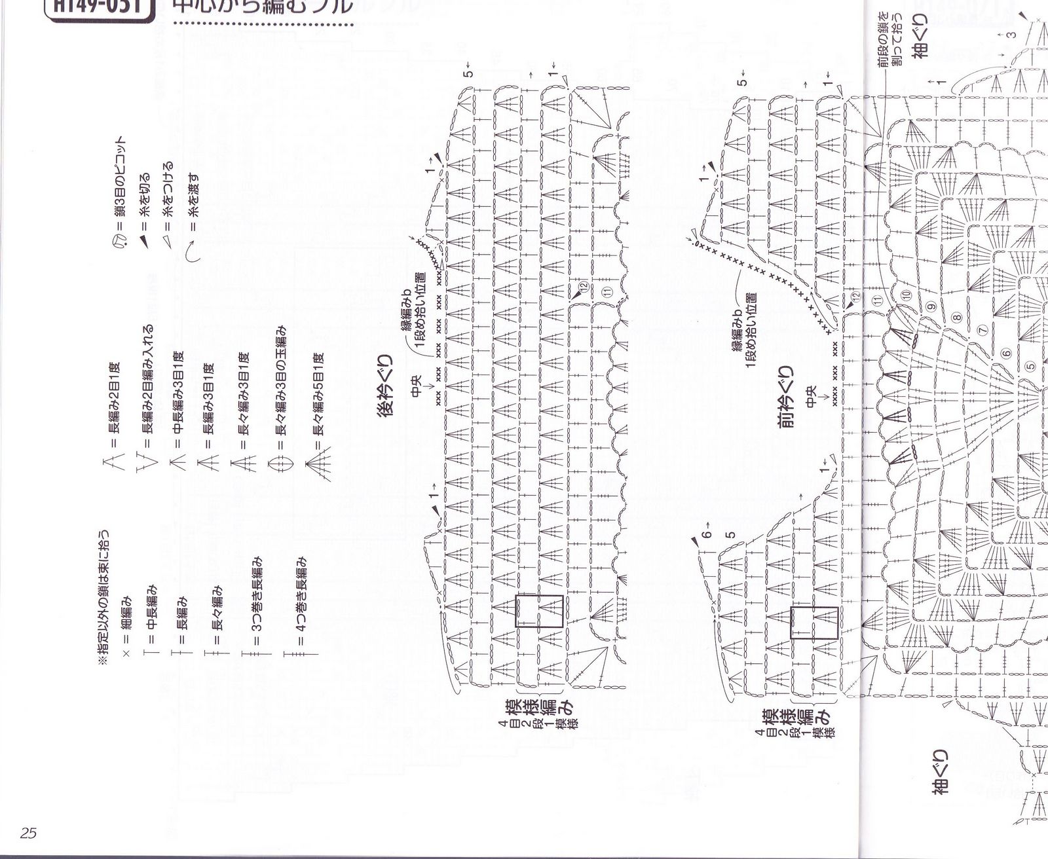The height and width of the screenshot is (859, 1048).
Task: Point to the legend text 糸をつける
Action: tap(168, 191)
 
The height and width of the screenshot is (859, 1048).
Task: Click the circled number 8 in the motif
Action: tap(956, 319)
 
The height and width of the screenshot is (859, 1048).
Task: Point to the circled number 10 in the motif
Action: tap(906, 295)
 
